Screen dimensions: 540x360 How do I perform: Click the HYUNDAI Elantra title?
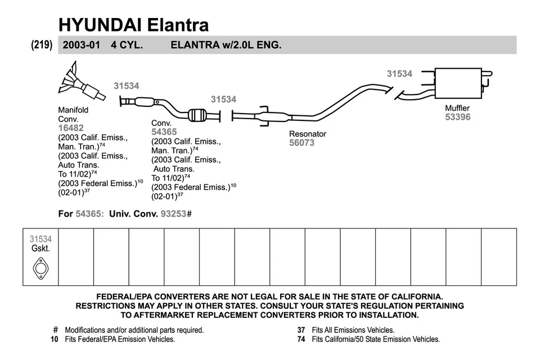(x=133, y=24)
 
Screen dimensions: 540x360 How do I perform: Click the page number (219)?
(x=42, y=45)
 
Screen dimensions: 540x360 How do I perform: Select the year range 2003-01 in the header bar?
(x=82, y=45)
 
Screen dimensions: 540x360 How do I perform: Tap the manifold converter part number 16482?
(x=71, y=128)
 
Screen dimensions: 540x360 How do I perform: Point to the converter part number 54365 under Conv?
(x=164, y=132)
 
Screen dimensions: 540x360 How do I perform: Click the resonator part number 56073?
(x=302, y=143)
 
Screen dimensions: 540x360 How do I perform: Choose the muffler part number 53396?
(x=457, y=117)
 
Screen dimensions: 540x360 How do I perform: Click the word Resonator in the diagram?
(x=308, y=134)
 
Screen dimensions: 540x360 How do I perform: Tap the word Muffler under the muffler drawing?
(x=457, y=108)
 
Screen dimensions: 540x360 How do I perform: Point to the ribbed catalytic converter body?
(x=198, y=115)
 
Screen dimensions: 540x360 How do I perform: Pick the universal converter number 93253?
(x=173, y=214)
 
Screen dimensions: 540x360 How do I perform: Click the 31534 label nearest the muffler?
(x=399, y=74)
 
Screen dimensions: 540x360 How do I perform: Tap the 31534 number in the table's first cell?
(x=40, y=239)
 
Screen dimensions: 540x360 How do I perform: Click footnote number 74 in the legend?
(x=301, y=339)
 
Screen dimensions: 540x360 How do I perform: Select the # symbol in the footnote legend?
(x=56, y=330)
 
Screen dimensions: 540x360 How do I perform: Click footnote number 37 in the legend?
(x=301, y=330)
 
